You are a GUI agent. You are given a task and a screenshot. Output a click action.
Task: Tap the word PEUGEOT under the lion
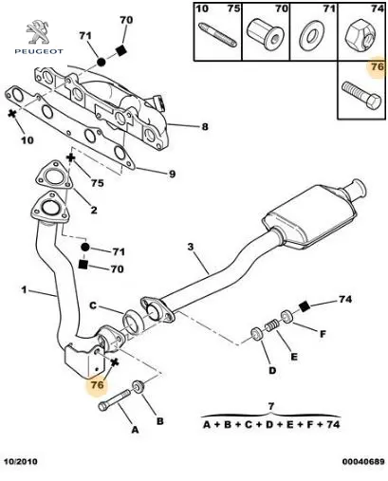point(39,51)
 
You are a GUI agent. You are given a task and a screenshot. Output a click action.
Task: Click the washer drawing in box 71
point(312,34)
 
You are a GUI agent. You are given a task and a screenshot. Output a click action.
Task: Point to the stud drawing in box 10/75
point(218,35)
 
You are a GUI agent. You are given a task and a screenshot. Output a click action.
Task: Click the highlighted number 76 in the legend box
point(377,67)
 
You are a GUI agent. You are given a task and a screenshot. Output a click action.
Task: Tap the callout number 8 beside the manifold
point(205,127)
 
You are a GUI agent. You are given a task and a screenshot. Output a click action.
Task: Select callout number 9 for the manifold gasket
point(172,174)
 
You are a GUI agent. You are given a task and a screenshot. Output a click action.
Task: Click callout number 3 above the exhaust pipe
point(190,247)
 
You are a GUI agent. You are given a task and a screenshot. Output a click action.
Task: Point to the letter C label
point(93,305)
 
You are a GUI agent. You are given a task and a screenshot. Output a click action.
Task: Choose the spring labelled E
point(272,325)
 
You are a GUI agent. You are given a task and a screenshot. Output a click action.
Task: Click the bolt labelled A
point(114,400)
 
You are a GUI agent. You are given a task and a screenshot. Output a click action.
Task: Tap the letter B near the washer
point(160,421)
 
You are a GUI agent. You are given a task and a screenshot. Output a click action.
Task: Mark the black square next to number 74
point(305,305)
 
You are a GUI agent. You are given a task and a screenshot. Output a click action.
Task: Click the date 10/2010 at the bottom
point(21,461)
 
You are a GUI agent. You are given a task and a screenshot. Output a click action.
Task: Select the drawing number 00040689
point(363,462)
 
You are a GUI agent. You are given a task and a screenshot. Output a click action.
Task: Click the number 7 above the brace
point(271,406)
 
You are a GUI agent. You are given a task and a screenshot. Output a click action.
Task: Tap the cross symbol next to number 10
point(12,113)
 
